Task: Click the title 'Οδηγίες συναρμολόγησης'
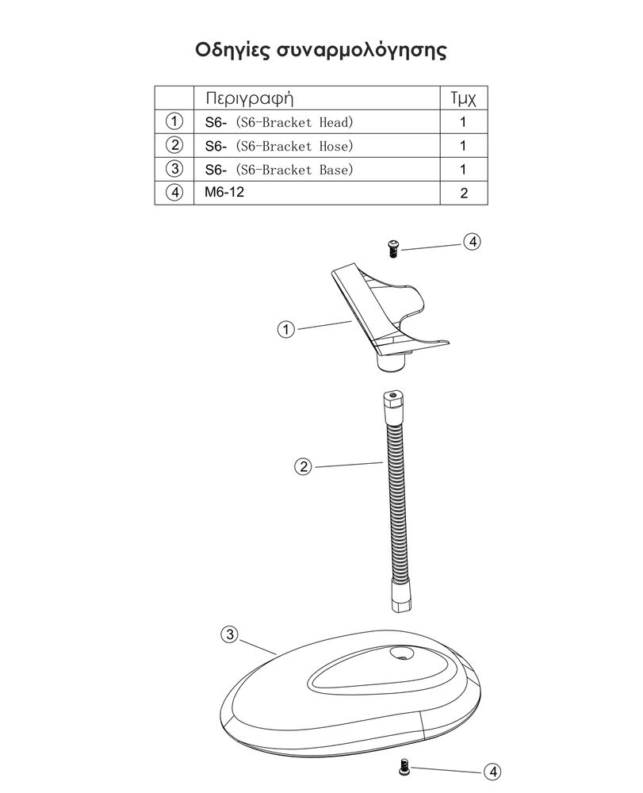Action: pyautogui.click(x=321, y=51)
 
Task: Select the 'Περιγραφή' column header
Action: pyautogui.click(x=249, y=98)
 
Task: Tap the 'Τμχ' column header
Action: pyautogui.click(x=463, y=98)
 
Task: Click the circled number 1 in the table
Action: pyautogui.click(x=174, y=121)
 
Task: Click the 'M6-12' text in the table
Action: pyautogui.click(x=224, y=192)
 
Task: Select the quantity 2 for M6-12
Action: pyautogui.click(x=464, y=193)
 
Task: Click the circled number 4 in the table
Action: pyautogui.click(x=174, y=193)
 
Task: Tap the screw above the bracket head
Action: pyautogui.click(x=393, y=248)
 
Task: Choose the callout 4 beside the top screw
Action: pyautogui.click(x=473, y=242)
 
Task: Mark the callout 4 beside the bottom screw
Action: pyautogui.click(x=492, y=772)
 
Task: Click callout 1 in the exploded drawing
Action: pyautogui.click(x=286, y=330)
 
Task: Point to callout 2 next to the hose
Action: pyautogui.click(x=304, y=466)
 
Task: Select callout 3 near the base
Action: pyautogui.click(x=230, y=634)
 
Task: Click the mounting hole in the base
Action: pyautogui.click(x=402, y=653)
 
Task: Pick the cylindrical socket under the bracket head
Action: pyautogui.click(x=392, y=362)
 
